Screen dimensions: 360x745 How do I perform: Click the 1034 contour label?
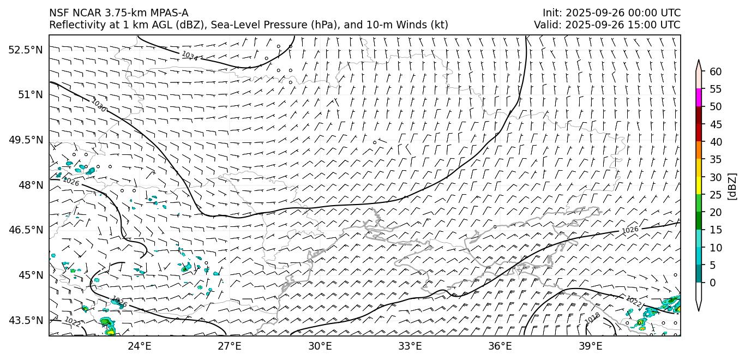click(190, 56)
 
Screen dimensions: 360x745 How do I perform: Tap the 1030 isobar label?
click(99, 105)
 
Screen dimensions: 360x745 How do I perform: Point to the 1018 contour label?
click(593, 319)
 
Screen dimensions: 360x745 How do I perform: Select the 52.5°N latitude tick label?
click(26, 50)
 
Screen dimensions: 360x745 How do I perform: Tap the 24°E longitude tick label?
click(139, 346)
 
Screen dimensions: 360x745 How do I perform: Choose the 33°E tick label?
click(410, 346)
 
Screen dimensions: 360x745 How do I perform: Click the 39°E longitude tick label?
click(590, 346)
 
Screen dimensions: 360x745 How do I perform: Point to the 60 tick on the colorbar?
click(716, 71)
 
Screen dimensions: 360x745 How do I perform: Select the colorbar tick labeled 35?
click(716, 159)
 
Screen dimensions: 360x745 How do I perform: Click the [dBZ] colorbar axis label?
click(732, 187)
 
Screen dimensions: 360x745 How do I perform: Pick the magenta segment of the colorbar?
click(699, 98)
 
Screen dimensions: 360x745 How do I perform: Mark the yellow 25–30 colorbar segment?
click(699, 185)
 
